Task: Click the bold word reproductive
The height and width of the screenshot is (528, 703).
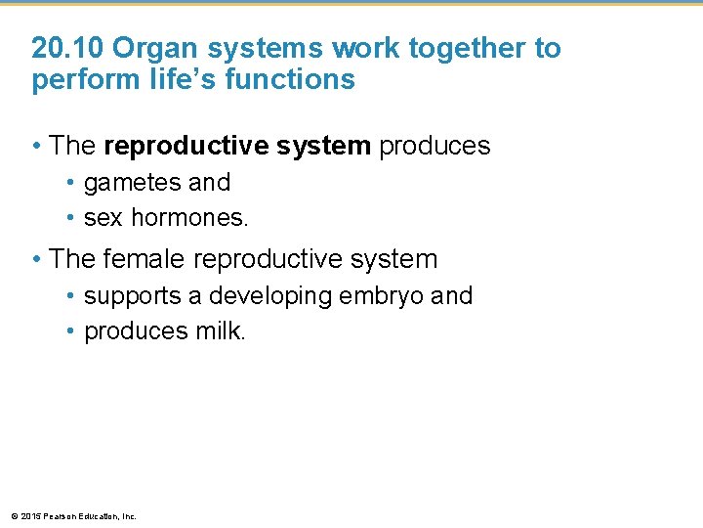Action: point(167,147)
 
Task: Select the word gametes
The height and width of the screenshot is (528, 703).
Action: point(121,183)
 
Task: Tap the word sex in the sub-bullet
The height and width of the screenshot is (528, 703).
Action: point(103,219)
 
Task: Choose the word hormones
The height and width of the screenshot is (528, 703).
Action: point(189,218)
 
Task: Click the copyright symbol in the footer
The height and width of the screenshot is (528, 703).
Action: point(11,516)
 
